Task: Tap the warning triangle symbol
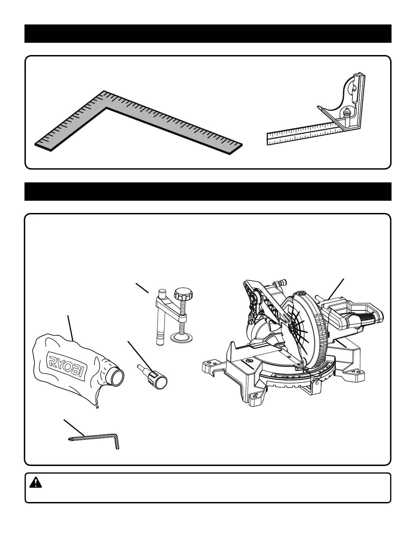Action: (35, 483)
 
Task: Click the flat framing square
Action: (136, 122)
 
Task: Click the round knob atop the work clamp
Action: (184, 293)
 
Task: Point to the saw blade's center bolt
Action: (292, 327)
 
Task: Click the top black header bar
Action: (208, 34)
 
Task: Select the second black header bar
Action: (208, 192)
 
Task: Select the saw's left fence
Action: (238, 353)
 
